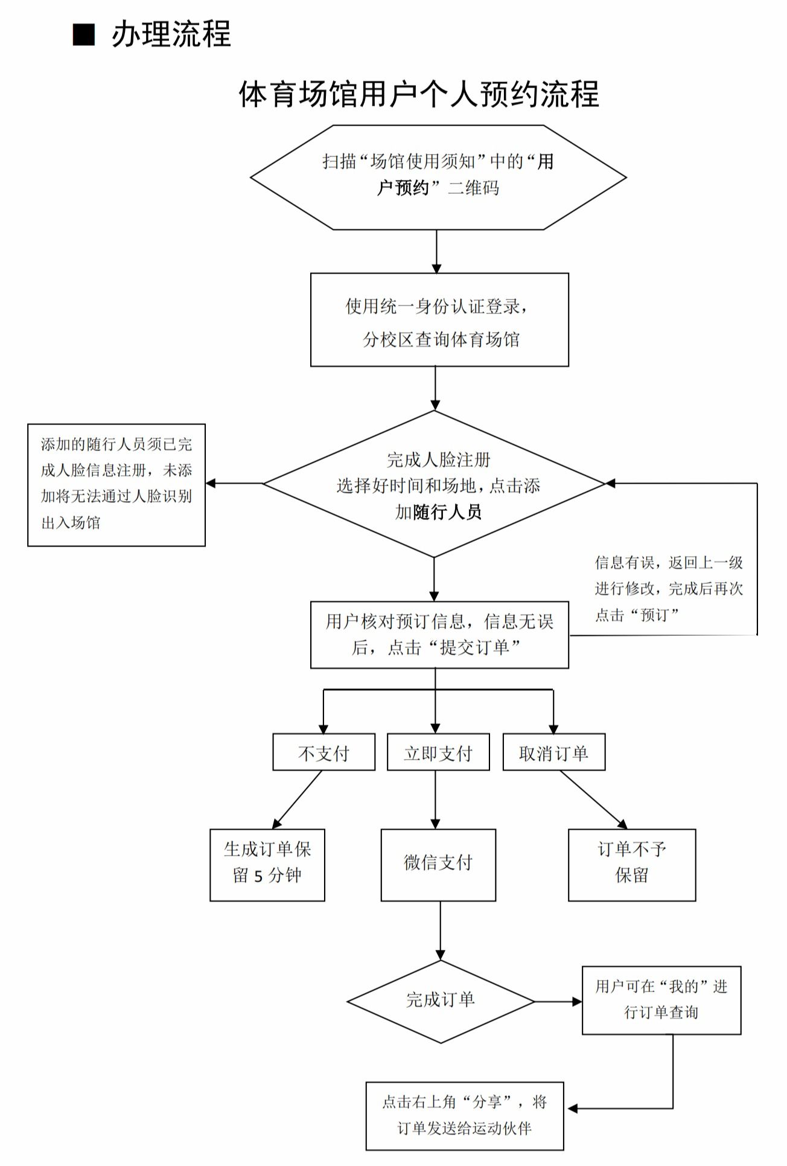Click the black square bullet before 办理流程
[x=84, y=35]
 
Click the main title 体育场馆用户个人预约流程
[x=419, y=94]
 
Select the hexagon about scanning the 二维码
[x=438, y=177]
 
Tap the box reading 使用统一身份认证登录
[x=439, y=320]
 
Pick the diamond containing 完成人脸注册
[x=435, y=484]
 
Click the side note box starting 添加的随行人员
[x=116, y=485]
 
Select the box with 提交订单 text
[x=439, y=635]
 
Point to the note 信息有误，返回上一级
[x=669, y=589]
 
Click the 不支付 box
[x=323, y=752]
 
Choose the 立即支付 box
[x=438, y=752]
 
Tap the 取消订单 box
[x=553, y=752]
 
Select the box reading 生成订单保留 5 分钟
[x=267, y=865]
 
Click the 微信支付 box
[x=438, y=865]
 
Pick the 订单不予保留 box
[x=632, y=865]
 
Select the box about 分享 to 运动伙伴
[x=465, y=1116]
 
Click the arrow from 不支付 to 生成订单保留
[x=297, y=799]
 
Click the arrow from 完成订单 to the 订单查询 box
[x=558, y=1002]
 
